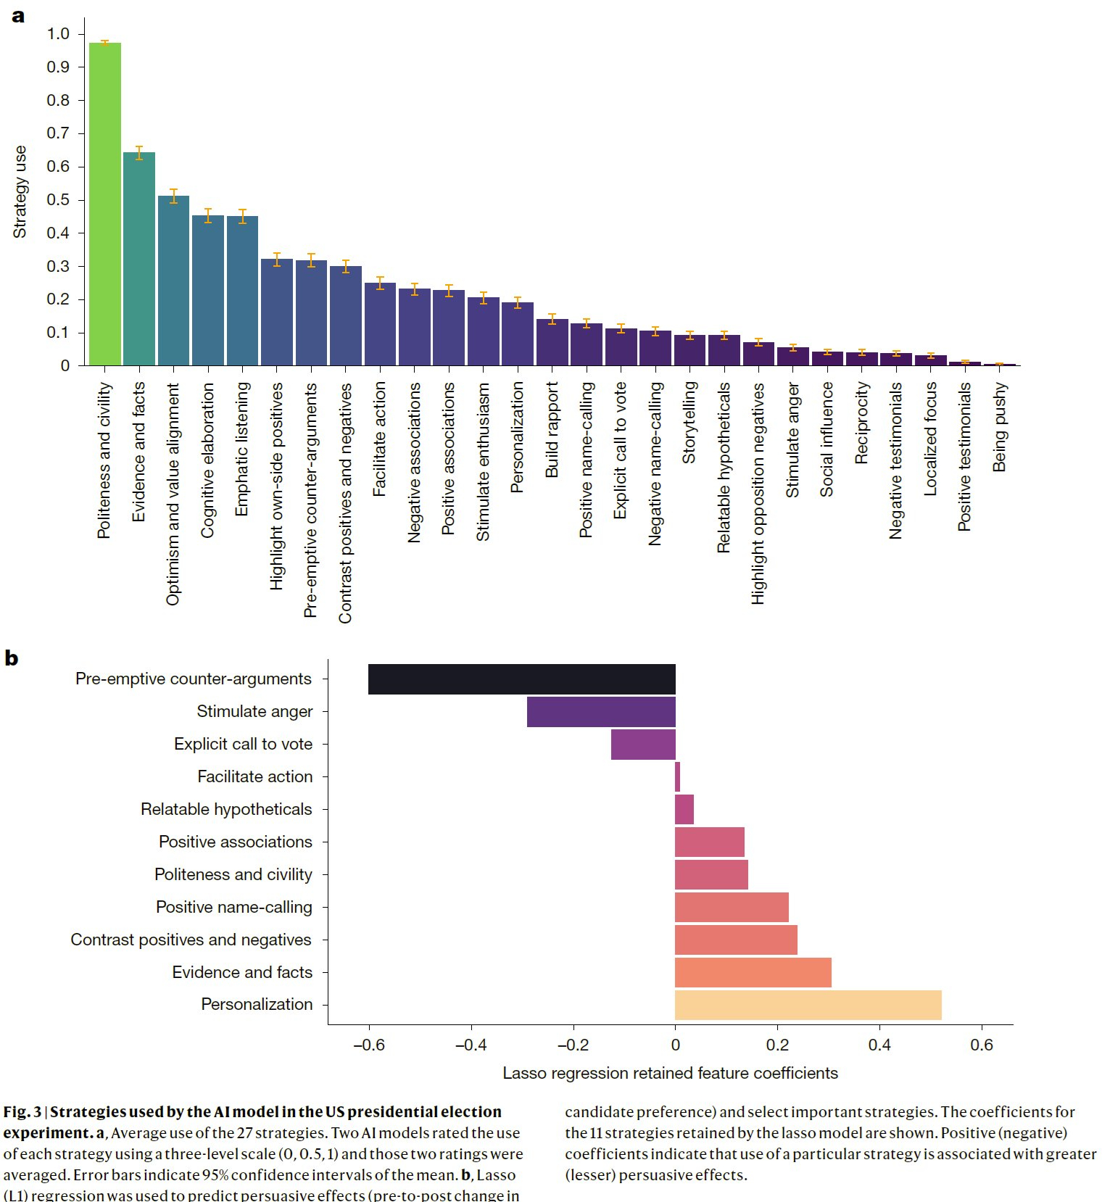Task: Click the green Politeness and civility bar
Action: point(105,203)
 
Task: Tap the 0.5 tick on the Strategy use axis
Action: point(59,200)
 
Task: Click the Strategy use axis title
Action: point(20,192)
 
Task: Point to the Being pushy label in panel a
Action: point(1000,428)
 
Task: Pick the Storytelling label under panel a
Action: point(689,423)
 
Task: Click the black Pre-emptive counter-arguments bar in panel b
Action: point(521,679)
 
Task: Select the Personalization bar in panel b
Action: point(808,1005)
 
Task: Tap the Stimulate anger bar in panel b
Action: point(601,712)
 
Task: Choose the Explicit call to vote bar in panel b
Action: point(643,745)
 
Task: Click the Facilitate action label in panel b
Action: point(255,776)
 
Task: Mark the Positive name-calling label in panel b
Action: point(234,907)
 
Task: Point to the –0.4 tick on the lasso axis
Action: point(471,1045)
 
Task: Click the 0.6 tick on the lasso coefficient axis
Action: point(982,1045)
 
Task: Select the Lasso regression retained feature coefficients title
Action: point(670,1073)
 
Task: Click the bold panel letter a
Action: point(18,16)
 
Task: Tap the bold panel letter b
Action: point(11,658)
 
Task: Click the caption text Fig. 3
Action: point(22,1112)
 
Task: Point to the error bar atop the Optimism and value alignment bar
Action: point(173,196)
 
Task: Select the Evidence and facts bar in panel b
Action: point(753,972)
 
